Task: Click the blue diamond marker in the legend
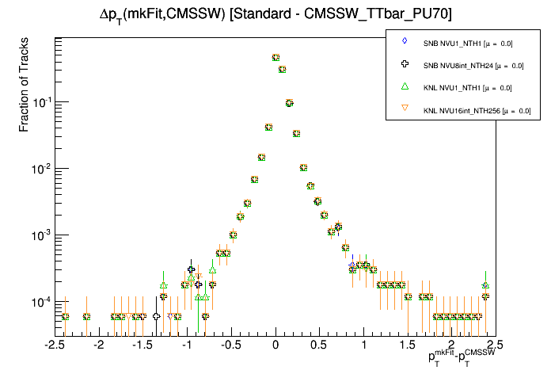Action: (404, 40)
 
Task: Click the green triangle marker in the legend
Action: (404, 86)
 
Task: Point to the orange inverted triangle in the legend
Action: (404, 109)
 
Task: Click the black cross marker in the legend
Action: (404, 63)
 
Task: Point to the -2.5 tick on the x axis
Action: (55, 345)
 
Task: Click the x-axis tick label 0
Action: (275, 345)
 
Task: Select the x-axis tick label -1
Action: (186, 345)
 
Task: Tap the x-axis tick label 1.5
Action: (408, 345)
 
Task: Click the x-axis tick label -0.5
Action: (230, 345)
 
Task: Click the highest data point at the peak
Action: (275, 57)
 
